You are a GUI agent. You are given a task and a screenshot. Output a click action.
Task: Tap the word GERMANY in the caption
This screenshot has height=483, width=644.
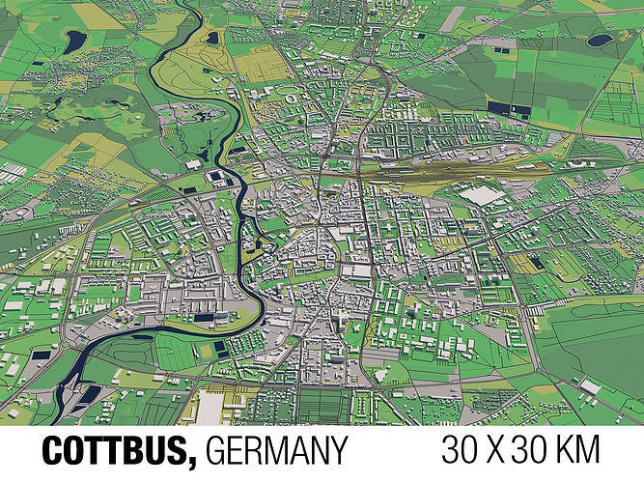276,451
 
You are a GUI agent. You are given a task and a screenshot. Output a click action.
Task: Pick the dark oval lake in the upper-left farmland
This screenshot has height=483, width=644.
74,41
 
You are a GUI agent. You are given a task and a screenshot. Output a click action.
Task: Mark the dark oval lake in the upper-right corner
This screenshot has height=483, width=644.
600,41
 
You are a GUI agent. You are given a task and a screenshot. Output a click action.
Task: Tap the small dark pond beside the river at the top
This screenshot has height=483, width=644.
212,38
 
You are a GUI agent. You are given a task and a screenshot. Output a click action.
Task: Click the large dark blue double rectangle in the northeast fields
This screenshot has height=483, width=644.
508,109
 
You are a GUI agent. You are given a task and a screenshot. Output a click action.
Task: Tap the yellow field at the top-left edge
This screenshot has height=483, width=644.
97,15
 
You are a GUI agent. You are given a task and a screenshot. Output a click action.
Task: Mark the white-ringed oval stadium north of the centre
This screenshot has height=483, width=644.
291,96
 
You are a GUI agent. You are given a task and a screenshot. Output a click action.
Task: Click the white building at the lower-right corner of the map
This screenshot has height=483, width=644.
590,386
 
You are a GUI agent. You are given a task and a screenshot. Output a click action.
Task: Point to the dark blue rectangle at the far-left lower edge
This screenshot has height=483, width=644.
42,355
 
